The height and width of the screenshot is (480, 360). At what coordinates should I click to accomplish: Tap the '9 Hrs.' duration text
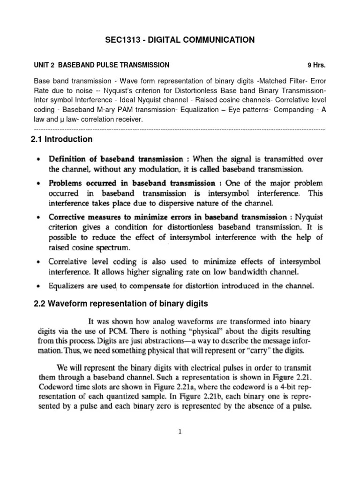pyautogui.click(x=316, y=65)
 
